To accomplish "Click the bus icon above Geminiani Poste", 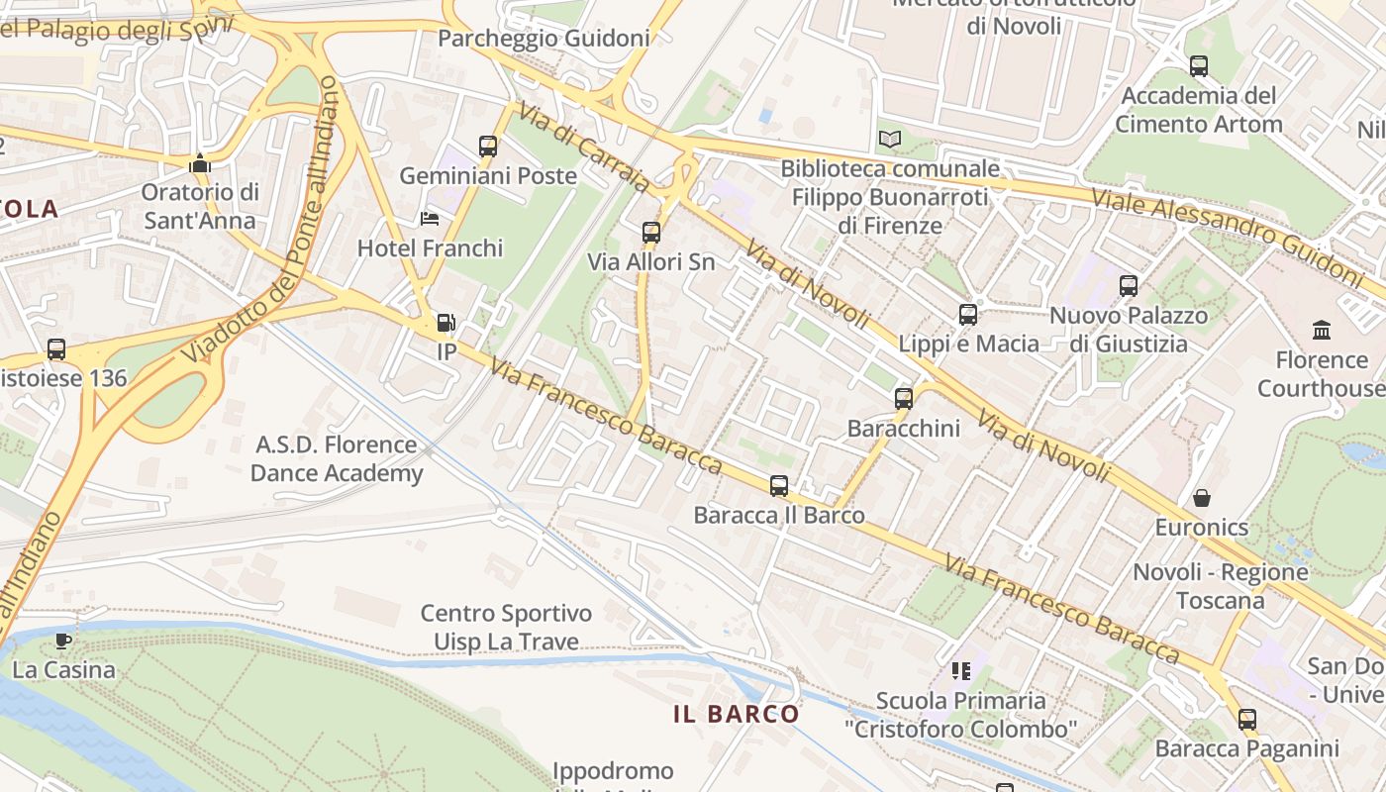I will tap(488, 147).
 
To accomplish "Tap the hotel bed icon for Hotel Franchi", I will tap(430, 218).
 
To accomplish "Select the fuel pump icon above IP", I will tap(446, 322).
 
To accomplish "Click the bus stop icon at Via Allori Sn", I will tap(650, 233).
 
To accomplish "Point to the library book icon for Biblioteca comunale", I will tap(890, 139).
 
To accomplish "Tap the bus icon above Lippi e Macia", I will tap(968, 315).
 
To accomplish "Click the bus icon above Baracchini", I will tap(904, 399).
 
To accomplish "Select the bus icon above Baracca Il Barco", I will tap(779, 486).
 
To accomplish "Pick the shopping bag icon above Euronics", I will tap(1202, 497).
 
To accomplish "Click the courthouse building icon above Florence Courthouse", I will tap(1321, 330).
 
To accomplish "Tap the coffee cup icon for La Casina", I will tap(64, 641).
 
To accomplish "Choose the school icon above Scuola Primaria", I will tap(960, 671).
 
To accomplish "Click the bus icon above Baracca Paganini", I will tap(1247, 720).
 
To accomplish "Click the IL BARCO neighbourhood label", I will tap(737, 714).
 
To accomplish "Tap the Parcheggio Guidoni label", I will tap(544, 39).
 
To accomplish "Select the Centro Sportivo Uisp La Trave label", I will tap(506, 628).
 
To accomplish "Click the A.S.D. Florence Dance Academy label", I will tap(337, 458).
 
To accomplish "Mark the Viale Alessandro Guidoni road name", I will tap(1227, 235).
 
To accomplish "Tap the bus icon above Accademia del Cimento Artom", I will tap(1199, 66).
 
